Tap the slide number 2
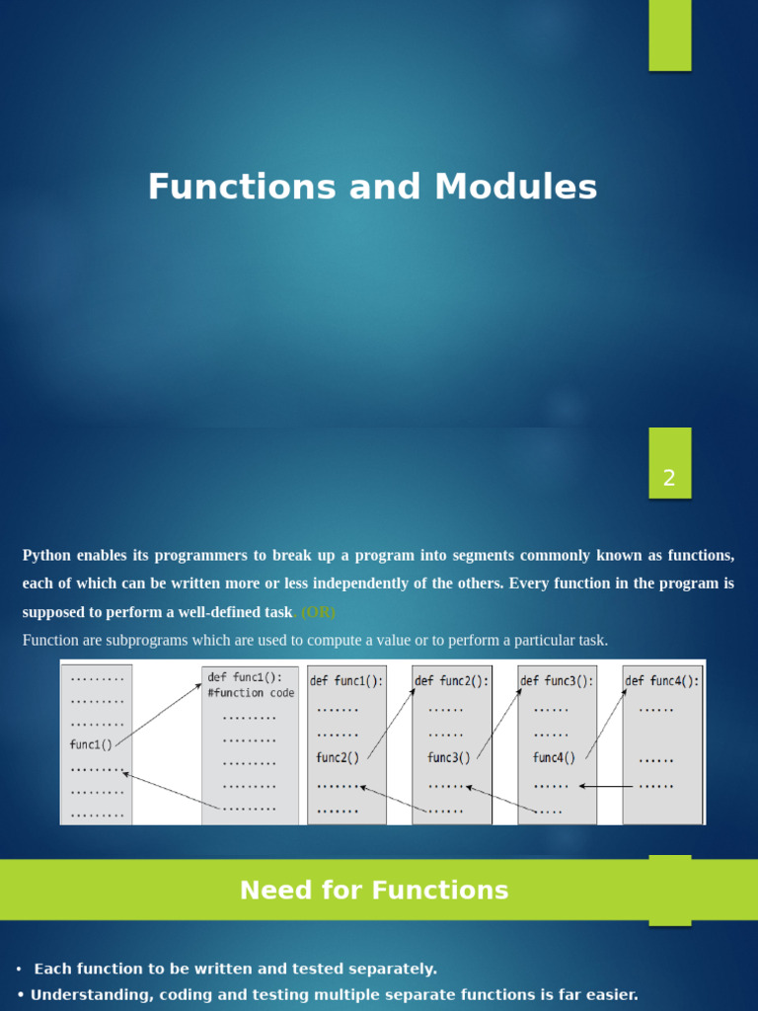pos(669,479)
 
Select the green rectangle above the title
pos(669,35)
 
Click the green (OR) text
pos(318,612)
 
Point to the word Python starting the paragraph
pos(46,556)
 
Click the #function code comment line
pos(251,693)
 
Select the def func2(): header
pos(451,681)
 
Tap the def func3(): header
pos(557,681)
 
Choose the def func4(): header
pos(662,681)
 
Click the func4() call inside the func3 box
pos(554,758)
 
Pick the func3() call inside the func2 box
pos(448,758)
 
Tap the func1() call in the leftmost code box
pos(91,745)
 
